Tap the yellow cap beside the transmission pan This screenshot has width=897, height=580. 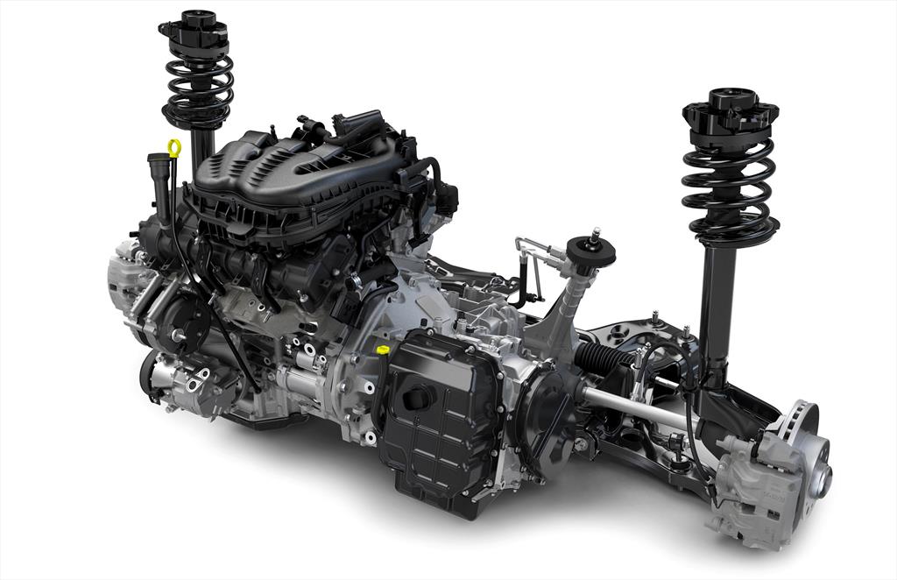click(382, 350)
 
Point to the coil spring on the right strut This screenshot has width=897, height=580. click(729, 188)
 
